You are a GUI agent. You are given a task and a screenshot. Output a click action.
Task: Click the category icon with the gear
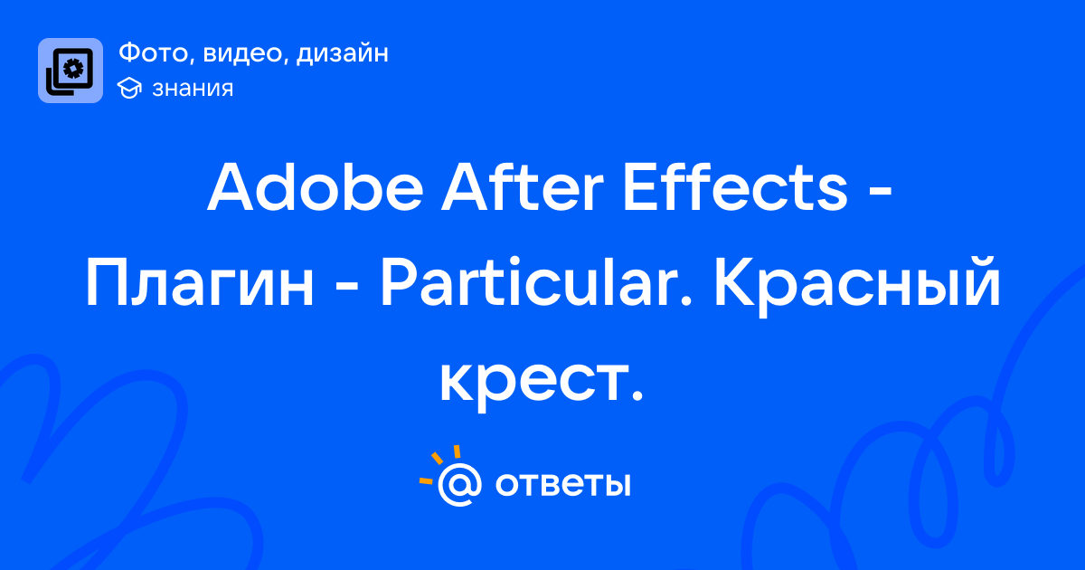click(71, 71)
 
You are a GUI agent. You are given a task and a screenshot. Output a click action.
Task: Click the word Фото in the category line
click(156, 52)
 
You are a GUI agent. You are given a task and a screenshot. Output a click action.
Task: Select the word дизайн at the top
click(343, 52)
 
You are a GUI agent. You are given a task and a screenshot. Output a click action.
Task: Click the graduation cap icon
click(129, 89)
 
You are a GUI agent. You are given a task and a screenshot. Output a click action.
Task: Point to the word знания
click(193, 89)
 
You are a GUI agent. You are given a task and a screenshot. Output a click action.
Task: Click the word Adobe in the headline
click(316, 187)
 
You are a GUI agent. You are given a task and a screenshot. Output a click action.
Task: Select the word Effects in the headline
click(735, 187)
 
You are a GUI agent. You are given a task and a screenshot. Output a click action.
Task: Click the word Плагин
click(200, 282)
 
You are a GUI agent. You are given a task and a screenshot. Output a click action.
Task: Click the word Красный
click(857, 286)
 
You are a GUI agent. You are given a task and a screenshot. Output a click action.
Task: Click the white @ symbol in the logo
click(459, 485)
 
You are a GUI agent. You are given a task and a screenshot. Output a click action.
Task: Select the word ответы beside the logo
click(562, 484)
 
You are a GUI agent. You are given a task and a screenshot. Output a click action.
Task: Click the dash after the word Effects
click(879, 194)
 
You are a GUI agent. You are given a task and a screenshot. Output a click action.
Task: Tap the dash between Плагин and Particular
click(347, 290)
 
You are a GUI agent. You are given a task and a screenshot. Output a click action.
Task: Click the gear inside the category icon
click(73, 69)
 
